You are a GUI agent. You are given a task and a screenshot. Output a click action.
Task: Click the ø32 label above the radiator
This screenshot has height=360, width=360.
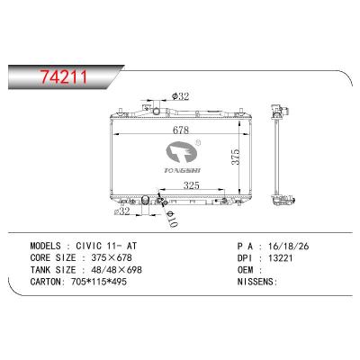(x=179, y=96)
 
